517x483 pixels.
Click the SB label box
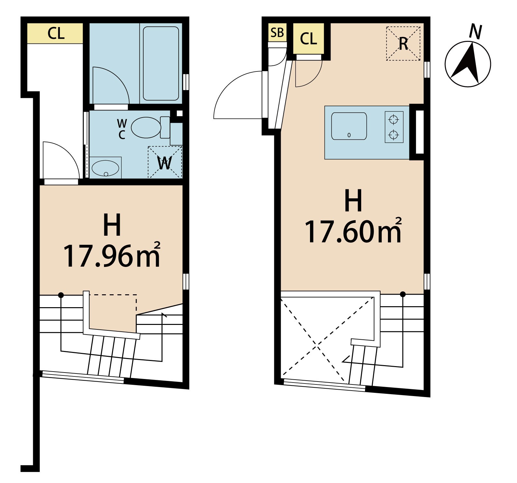[277, 32]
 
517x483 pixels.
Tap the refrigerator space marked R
[403, 43]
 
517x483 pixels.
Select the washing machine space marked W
[165, 162]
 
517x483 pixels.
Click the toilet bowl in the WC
[146, 128]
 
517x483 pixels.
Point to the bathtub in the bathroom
[161, 63]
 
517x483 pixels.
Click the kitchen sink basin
[349, 126]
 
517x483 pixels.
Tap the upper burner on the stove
[394, 119]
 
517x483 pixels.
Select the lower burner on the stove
[394, 135]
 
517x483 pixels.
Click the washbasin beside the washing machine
[105, 168]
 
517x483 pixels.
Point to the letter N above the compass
[475, 31]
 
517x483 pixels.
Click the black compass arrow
[467, 63]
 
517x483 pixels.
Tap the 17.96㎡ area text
[112, 255]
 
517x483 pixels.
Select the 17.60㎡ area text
[353, 231]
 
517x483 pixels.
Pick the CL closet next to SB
[308, 38]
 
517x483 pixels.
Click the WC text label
[122, 129]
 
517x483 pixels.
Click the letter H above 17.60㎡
[353, 200]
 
